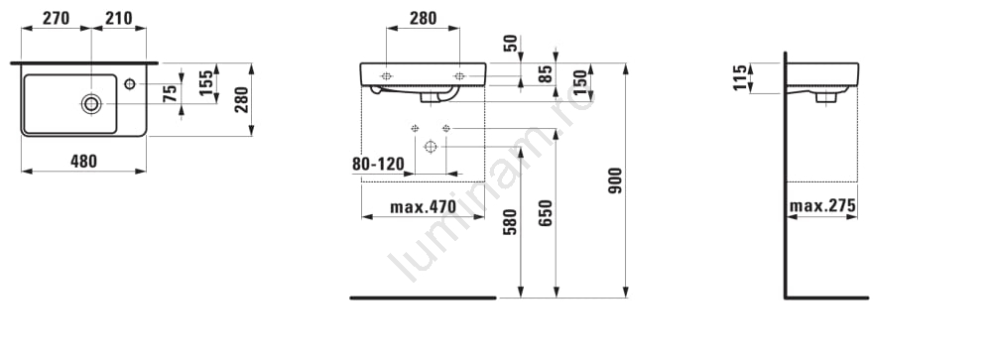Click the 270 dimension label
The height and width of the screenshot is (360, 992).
point(56,19)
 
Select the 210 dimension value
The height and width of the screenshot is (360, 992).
point(119,19)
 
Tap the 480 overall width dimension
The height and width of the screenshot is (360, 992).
point(83,162)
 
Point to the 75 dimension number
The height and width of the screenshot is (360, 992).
point(171,94)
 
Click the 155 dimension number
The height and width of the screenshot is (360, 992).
point(206,83)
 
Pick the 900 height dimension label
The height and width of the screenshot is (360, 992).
point(615,180)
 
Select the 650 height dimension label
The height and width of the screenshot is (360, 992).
point(546,213)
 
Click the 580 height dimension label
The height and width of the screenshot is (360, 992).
point(510,222)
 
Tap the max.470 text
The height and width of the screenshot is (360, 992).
point(423,207)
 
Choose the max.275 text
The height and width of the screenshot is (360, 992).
point(822,205)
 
